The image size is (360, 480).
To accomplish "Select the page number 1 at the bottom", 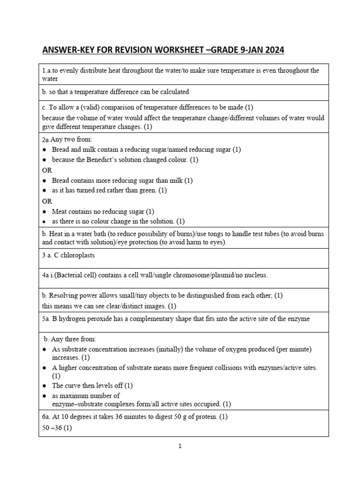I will [180, 446].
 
